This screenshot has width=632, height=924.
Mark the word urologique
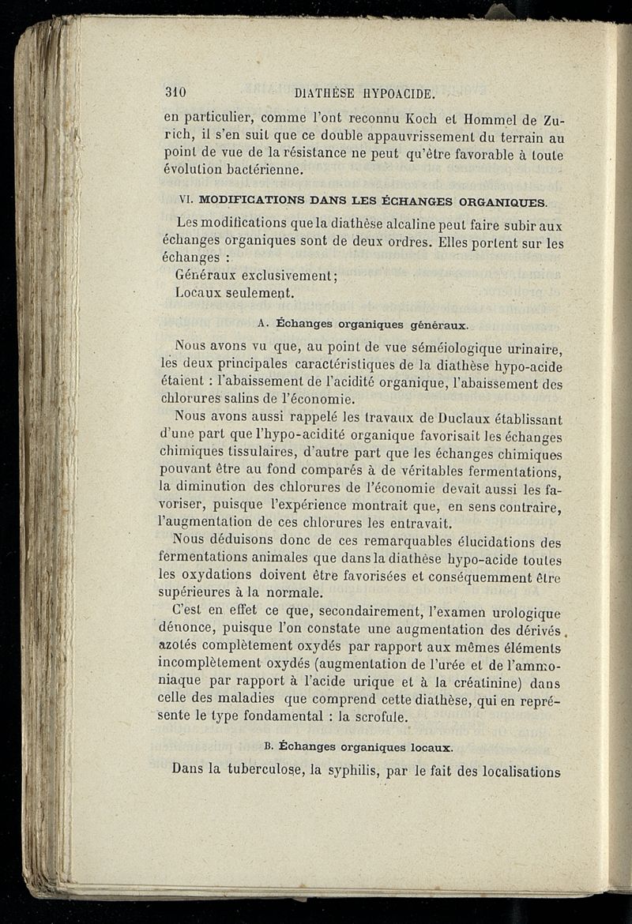click(523, 613)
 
